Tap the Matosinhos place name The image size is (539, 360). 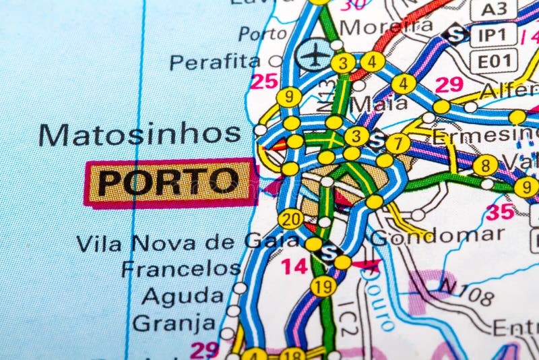pos(139,134)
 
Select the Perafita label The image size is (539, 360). pos(214,62)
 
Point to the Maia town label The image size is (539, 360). pos(379,103)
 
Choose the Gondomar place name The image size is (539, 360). pos(437,236)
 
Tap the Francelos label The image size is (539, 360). pos(181,268)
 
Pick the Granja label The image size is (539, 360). pos(174,323)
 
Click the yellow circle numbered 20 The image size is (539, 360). pos(290,218)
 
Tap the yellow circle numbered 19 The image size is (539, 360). pos(323,287)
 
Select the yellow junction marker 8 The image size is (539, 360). pos(485,164)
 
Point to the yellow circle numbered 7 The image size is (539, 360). pos(398,143)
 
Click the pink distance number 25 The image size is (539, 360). pos(264,82)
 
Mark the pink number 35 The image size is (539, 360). pos(500,212)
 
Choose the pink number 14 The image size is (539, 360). pos(294,266)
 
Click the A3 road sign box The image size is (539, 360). pos(493,9)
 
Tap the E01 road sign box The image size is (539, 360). pos(493,61)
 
